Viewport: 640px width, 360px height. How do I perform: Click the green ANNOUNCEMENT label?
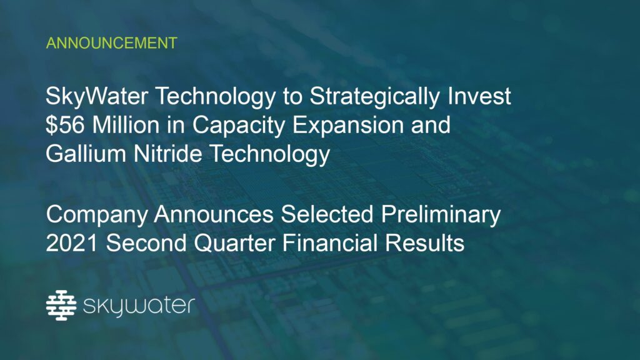coord(111,43)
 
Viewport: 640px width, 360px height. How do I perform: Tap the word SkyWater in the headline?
coord(97,97)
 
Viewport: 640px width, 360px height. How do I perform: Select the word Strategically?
coord(375,97)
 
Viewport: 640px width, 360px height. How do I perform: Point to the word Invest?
coord(479,96)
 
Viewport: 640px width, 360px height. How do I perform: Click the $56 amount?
coord(65,125)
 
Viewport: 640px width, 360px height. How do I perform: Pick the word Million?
coord(126,125)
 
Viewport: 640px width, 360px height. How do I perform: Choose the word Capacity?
coord(239,126)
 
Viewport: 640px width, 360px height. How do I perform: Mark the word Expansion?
coord(348,126)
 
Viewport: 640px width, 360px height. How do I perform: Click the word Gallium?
coord(86,154)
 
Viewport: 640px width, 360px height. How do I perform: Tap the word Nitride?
coord(167,154)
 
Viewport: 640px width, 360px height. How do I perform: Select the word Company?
coord(97,215)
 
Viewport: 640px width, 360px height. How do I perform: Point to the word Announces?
coord(214,214)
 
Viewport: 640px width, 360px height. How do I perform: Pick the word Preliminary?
coord(441,215)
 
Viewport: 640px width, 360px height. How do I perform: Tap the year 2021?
coord(72,243)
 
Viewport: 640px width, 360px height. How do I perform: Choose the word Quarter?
coord(234,243)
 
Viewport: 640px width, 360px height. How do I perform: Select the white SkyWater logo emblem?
coord(61,305)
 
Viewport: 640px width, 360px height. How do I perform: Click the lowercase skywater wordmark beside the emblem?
coord(139,307)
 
